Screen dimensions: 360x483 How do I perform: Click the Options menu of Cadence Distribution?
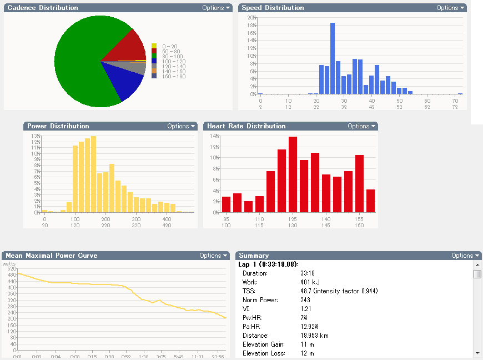pyautogui.click(x=216, y=8)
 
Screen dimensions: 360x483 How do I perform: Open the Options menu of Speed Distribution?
pyautogui.click(x=450, y=8)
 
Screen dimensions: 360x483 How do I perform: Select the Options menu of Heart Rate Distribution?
pyautogui.click(x=361, y=126)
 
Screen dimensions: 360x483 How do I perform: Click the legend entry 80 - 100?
pyautogui.click(x=169, y=56)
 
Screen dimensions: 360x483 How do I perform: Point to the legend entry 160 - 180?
pyautogui.click(x=169, y=76)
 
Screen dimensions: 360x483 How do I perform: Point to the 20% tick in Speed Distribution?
pyautogui.click(x=251, y=18)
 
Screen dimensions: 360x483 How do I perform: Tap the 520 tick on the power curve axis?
pyautogui.click(x=10, y=268)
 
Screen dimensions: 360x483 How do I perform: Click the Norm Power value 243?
pyautogui.click(x=305, y=300)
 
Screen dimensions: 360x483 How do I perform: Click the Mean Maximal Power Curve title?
pyautogui.click(x=52, y=256)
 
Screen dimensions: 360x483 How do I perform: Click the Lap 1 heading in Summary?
pyautogui.click(x=269, y=264)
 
